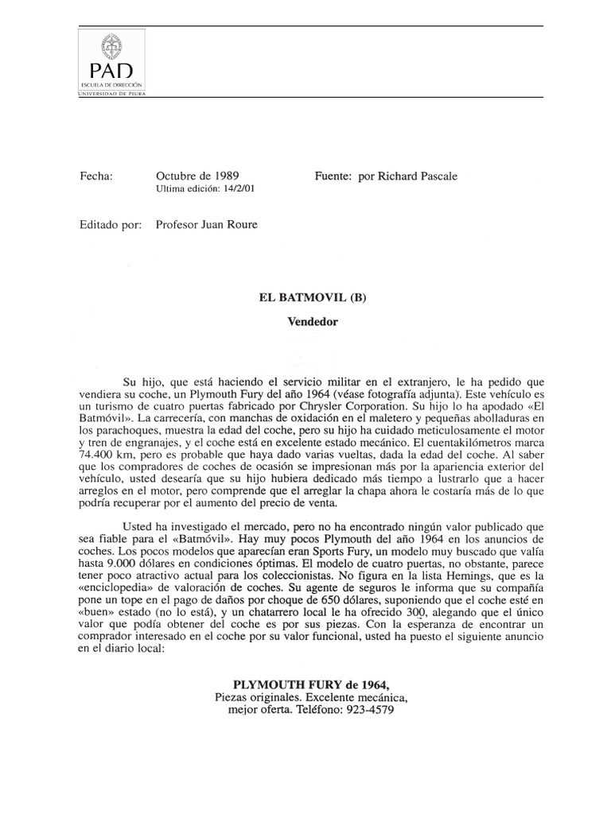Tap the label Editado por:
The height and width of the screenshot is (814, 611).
pyautogui.click(x=111, y=225)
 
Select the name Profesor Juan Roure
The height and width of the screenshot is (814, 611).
pyautogui.click(x=207, y=225)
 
